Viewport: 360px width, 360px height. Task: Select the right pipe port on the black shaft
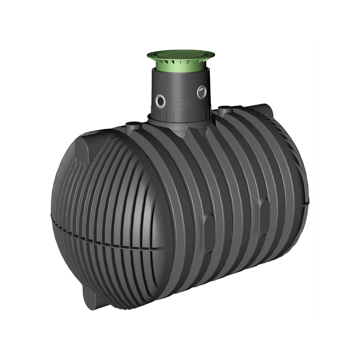[x=202, y=92]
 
